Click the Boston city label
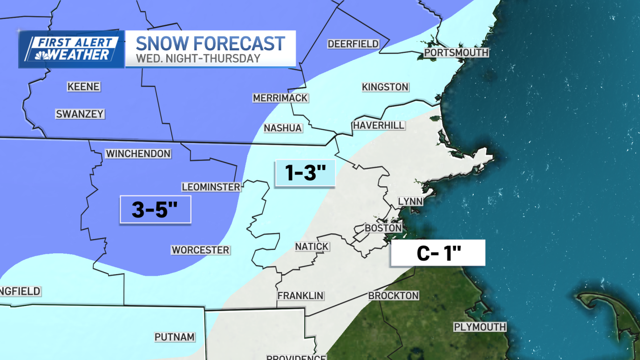click(383, 228)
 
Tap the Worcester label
click(200, 250)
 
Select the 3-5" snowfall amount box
click(156, 210)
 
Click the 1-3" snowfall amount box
click(305, 173)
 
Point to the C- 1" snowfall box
click(438, 253)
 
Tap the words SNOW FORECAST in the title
click(210, 43)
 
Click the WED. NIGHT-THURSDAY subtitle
click(198, 59)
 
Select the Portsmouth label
click(456, 53)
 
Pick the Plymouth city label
click(480, 327)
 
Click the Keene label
click(84, 87)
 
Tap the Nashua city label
click(283, 128)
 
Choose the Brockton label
click(393, 295)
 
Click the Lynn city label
click(410, 201)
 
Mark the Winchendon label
click(138, 153)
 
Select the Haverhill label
click(379, 125)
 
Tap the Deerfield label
click(353, 44)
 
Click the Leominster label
click(211, 187)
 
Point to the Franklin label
click(300, 295)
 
